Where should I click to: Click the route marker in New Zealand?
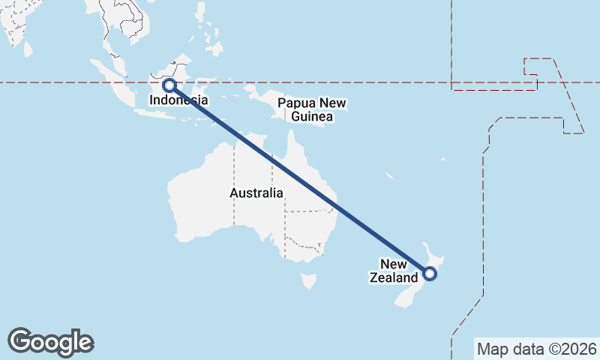pos(429,274)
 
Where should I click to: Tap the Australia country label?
pos(256,193)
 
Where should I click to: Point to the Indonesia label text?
pos(178,100)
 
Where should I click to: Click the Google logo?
pos(50,341)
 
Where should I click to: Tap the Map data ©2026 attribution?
pos(536,349)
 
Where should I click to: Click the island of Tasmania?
pos(308,280)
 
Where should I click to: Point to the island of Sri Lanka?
pos(28,48)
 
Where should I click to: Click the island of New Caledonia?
pos(389,175)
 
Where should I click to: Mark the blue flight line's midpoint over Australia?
pos(299,179)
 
